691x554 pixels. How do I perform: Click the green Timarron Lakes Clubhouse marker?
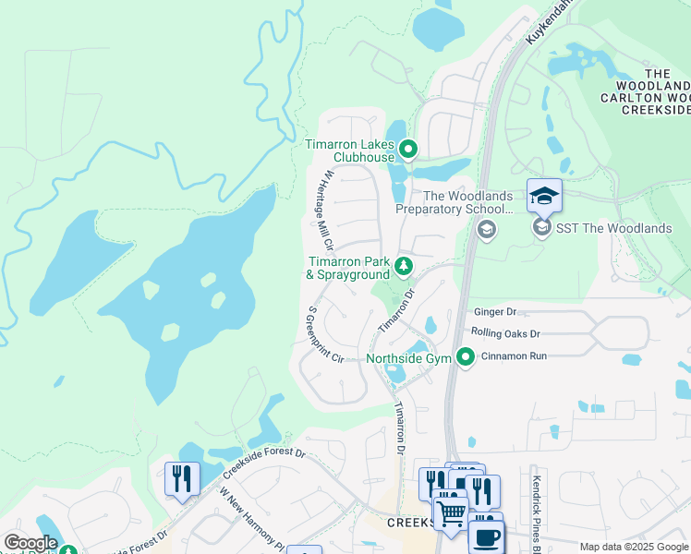[407, 149]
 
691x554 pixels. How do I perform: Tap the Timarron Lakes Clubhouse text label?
[349, 151]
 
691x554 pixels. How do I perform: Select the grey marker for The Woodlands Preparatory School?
[487, 228]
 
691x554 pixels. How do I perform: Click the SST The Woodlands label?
[613, 228]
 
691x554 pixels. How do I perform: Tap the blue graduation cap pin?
[544, 196]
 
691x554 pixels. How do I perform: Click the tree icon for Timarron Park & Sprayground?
[403, 267]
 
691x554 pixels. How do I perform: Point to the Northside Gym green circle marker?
[467, 356]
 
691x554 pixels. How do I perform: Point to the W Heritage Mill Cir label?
[321, 210]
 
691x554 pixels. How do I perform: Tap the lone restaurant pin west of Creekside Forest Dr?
[181, 479]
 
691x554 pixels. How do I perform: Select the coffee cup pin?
[487, 536]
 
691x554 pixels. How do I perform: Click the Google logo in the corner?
[30, 543]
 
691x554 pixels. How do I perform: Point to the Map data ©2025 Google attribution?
[634, 547]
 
